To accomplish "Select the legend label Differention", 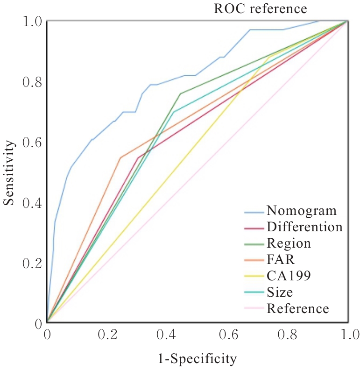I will [304, 227].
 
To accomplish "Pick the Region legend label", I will [289, 243].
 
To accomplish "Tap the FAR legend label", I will [281, 259].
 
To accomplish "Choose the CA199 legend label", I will [289, 276].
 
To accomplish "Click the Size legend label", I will [280, 293].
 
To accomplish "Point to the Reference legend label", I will [298, 308].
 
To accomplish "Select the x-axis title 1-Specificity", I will [198, 359].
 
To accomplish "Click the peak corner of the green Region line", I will [180, 93].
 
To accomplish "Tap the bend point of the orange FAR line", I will [120, 158].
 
